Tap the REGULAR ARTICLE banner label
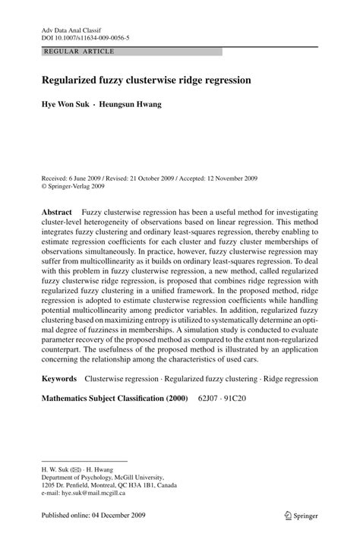pyautogui.click(x=80, y=52)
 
